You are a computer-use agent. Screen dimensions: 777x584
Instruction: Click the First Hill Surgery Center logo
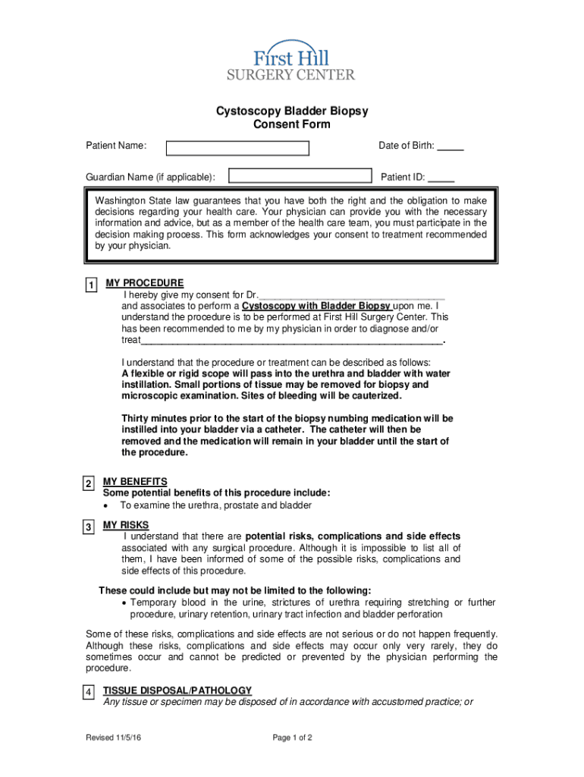[291, 60]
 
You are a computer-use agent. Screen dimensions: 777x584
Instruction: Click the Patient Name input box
[237, 148]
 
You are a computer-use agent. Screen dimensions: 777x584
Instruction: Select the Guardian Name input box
[300, 177]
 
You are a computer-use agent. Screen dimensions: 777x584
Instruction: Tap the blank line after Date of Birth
[451, 147]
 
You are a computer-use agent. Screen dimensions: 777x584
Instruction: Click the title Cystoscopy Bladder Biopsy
[292, 111]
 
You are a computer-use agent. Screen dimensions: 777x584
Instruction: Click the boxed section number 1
[90, 285]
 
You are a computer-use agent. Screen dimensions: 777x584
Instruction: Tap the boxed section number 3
[88, 527]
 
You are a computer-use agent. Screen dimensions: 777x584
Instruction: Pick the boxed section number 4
[88, 693]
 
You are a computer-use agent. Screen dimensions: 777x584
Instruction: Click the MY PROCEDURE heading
[144, 283]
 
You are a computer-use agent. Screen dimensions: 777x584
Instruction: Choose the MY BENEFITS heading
[135, 481]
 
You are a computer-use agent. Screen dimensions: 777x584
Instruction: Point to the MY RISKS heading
[126, 525]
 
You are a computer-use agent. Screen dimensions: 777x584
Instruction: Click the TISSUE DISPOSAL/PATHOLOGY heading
[177, 690]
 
